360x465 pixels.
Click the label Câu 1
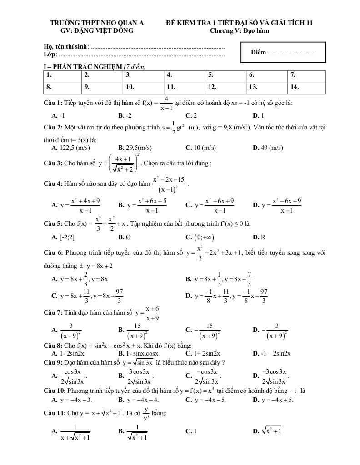53,103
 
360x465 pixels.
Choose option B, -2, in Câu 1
125,115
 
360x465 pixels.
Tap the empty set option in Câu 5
121,237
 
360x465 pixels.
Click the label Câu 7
53,313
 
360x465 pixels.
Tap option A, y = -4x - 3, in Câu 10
72,400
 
